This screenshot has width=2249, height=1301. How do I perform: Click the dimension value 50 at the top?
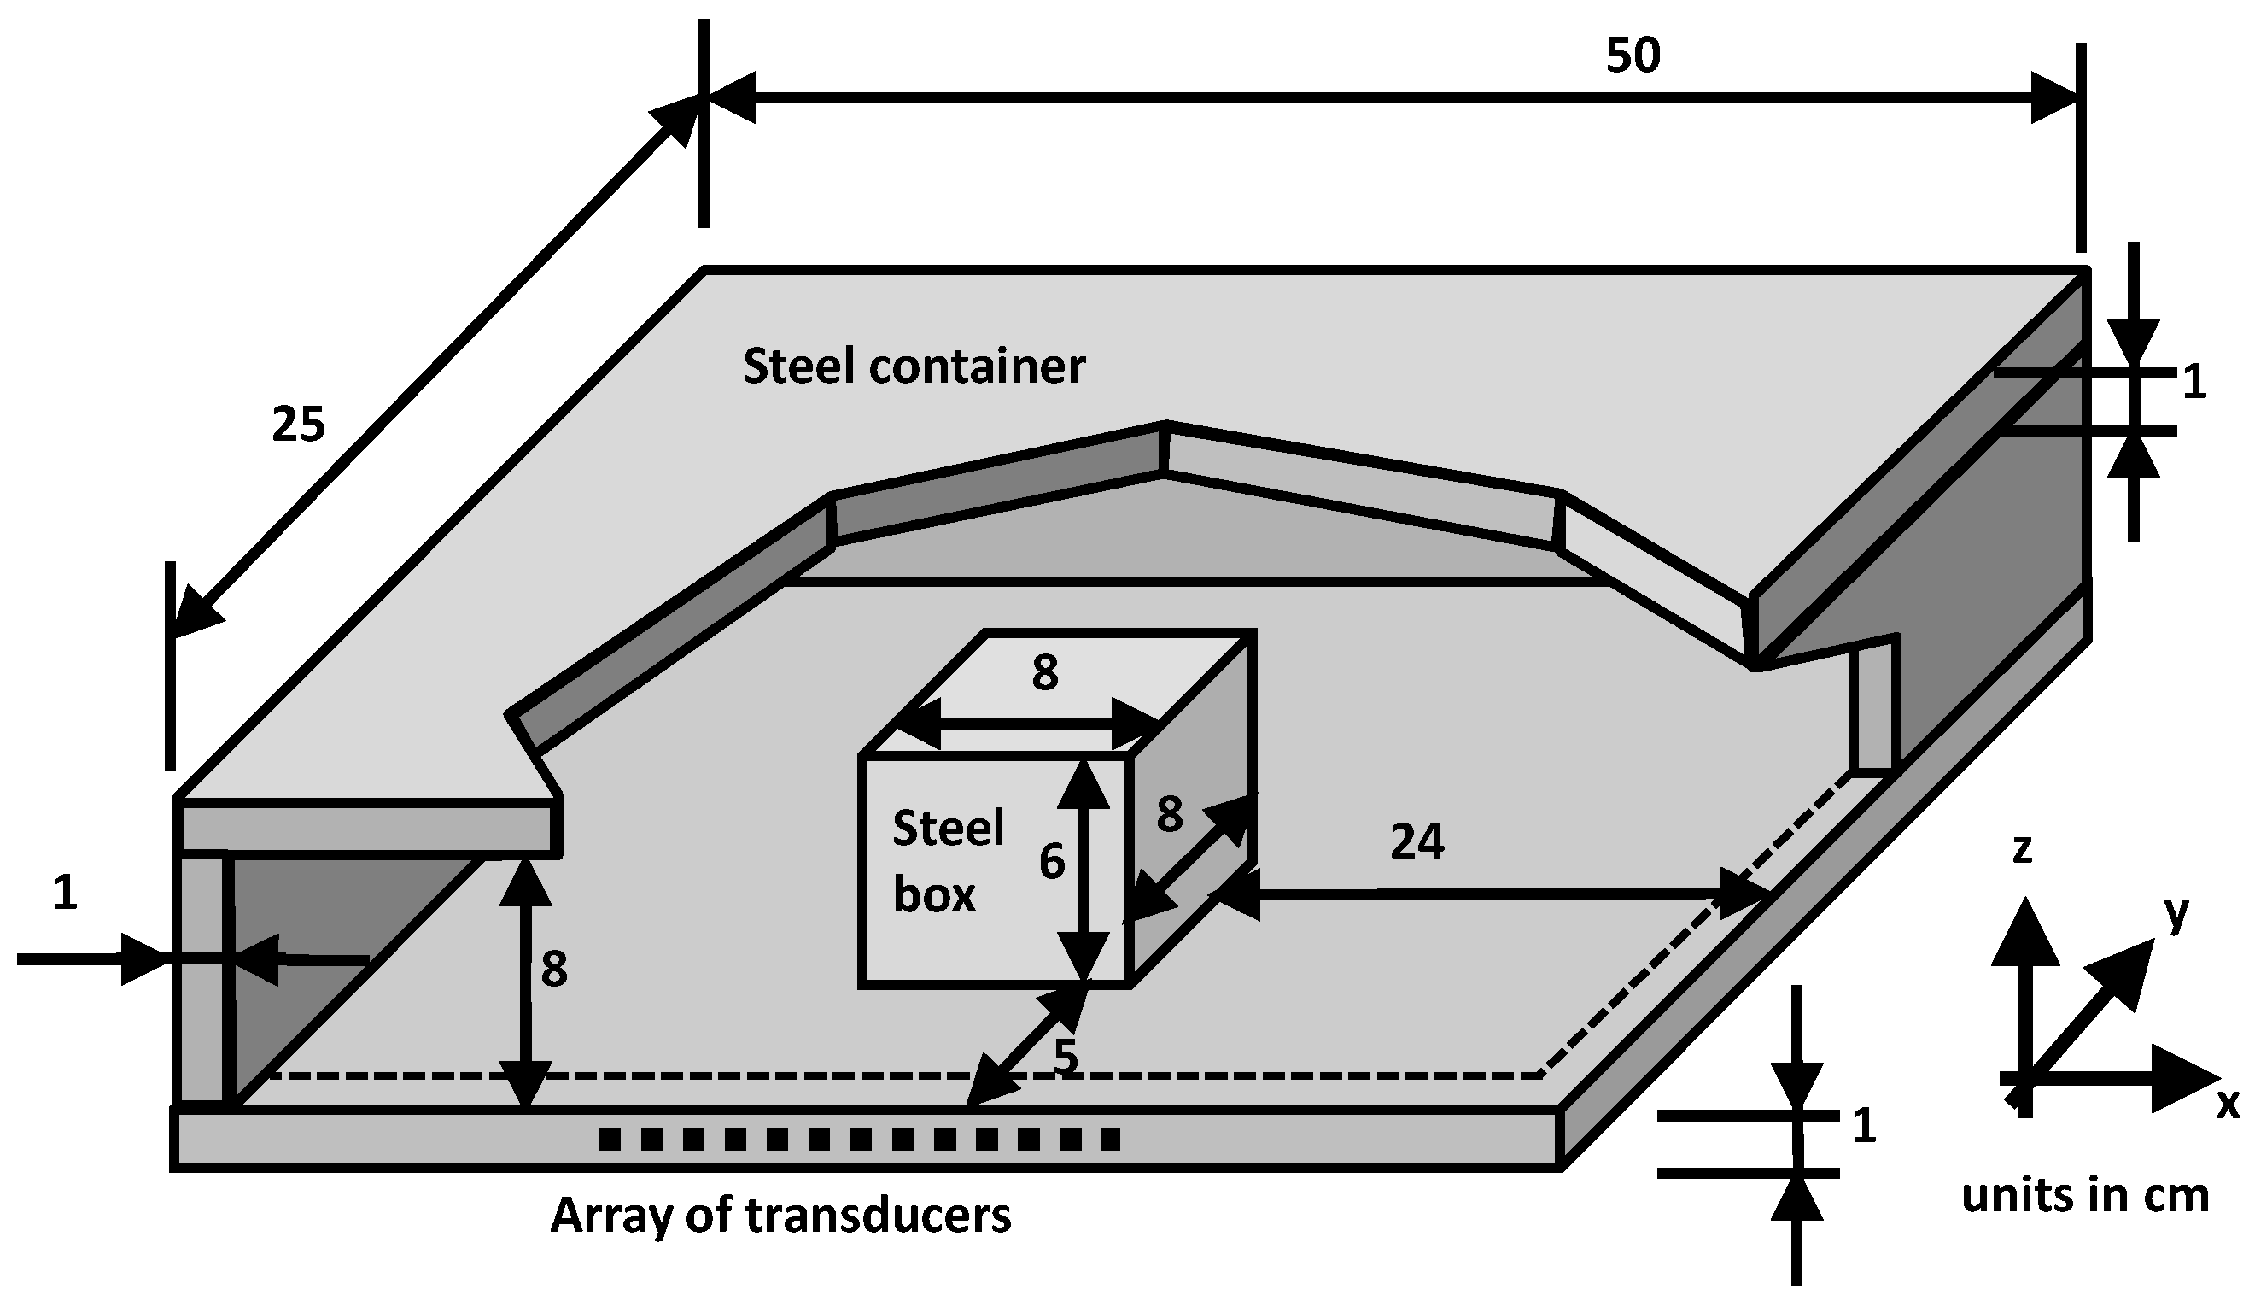[1633, 56]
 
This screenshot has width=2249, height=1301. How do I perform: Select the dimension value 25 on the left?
[298, 425]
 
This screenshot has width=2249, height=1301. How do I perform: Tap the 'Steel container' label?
[913, 367]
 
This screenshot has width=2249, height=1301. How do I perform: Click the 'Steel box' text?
[947, 861]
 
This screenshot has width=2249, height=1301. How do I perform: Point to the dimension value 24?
[1417, 841]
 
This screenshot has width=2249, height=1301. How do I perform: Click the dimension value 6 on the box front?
[1051, 863]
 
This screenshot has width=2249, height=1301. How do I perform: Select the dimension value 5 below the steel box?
[1066, 1057]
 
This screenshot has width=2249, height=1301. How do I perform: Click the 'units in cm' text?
[2085, 1196]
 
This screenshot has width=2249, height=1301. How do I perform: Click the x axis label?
[2228, 1105]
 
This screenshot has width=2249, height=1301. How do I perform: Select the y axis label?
[2176, 911]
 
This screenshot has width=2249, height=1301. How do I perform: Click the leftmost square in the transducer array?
[610, 1140]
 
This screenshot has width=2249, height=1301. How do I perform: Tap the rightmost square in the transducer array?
[1110, 1140]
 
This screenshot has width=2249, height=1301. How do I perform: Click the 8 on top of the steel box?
[1044, 673]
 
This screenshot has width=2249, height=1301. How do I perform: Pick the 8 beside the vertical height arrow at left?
[553, 970]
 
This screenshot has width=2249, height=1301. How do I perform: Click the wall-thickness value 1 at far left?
[64, 893]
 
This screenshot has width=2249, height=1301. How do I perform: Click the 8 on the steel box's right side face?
[1169, 814]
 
